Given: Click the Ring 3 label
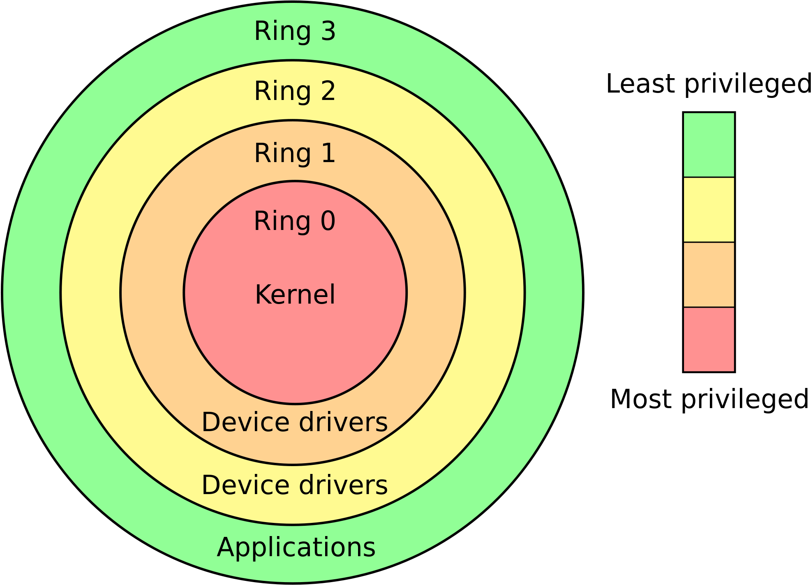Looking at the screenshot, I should point(295,32).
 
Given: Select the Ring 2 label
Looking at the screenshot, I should point(295,91).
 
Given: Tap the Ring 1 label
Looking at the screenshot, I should point(295,153).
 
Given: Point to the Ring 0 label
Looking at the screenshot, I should point(295,221).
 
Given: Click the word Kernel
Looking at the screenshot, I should point(295,295).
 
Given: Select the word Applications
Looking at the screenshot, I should point(296,548).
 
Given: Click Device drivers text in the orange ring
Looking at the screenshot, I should point(294,422).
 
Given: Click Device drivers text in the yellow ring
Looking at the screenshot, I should point(294,485).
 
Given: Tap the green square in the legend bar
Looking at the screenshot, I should point(709,145).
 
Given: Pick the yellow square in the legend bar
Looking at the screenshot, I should point(709,210).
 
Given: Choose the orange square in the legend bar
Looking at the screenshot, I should point(709,274).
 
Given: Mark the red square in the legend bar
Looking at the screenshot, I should point(709,339).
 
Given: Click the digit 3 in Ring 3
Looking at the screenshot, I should point(328,32).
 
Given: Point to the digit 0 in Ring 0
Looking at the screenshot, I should point(328,221).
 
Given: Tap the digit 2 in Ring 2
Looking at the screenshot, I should point(328,91).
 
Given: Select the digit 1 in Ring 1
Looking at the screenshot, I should point(329,153).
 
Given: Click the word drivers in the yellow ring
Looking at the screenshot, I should point(343,485).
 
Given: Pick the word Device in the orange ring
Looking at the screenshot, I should point(246,422).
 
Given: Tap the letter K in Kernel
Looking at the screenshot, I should point(262,295).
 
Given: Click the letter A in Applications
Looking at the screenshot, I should point(225,548).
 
